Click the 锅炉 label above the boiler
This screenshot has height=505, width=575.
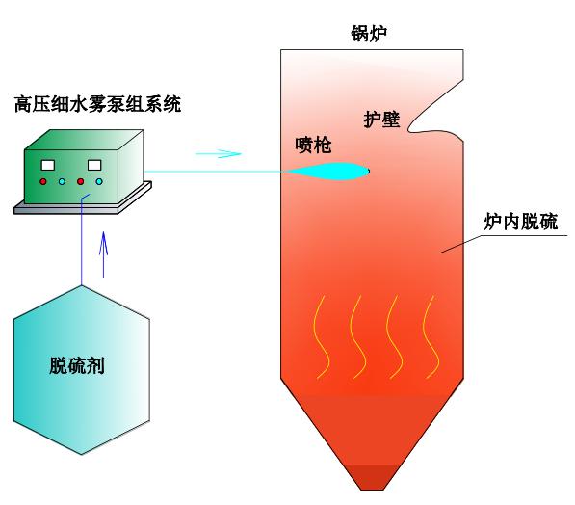pyautogui.click(x=369, y=34)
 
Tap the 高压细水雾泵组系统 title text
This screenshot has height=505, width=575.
pyautogui.click(x=98, y=104)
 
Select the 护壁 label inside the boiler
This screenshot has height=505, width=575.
pyautogui.click(x=381, y=120)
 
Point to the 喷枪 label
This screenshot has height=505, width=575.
pyautogui.click(x=313, y=146)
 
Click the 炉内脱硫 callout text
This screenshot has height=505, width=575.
pyautogui.click(x=521, y=222)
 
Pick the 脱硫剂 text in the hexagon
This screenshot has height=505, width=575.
pyautogui.click(x=77, y=365)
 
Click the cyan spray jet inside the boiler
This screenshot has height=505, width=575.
pyautogui.click(x=327, y=171)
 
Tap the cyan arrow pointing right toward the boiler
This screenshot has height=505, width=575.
pyautogui.click(x=219, y=154)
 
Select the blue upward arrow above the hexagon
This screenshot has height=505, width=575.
pyautogui.click(x=104, y=254)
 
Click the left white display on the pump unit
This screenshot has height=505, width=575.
pyautogui.click(x=47, y=165)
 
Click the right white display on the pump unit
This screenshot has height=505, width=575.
pyautogui.click(x=94, y=165)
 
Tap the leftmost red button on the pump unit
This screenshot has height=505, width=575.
pyautogui.click(x=43, y=181)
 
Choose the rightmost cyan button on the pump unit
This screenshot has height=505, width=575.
pyautogui.click(x=99, y=181)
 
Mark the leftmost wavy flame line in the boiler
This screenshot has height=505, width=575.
pyautogui.click(x=322, y=337)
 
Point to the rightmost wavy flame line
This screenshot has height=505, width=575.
pyautogui.click(x=431, y=337)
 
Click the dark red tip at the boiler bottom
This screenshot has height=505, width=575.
pyautogui.click(x=373, y=478)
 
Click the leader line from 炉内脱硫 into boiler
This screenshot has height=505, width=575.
pyautogui.click(x=460, y=244)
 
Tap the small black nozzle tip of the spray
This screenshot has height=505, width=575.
pyautogui.click(x=369, y=171)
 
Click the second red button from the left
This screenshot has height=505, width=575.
pyautogui.click(x=80, y=181)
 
